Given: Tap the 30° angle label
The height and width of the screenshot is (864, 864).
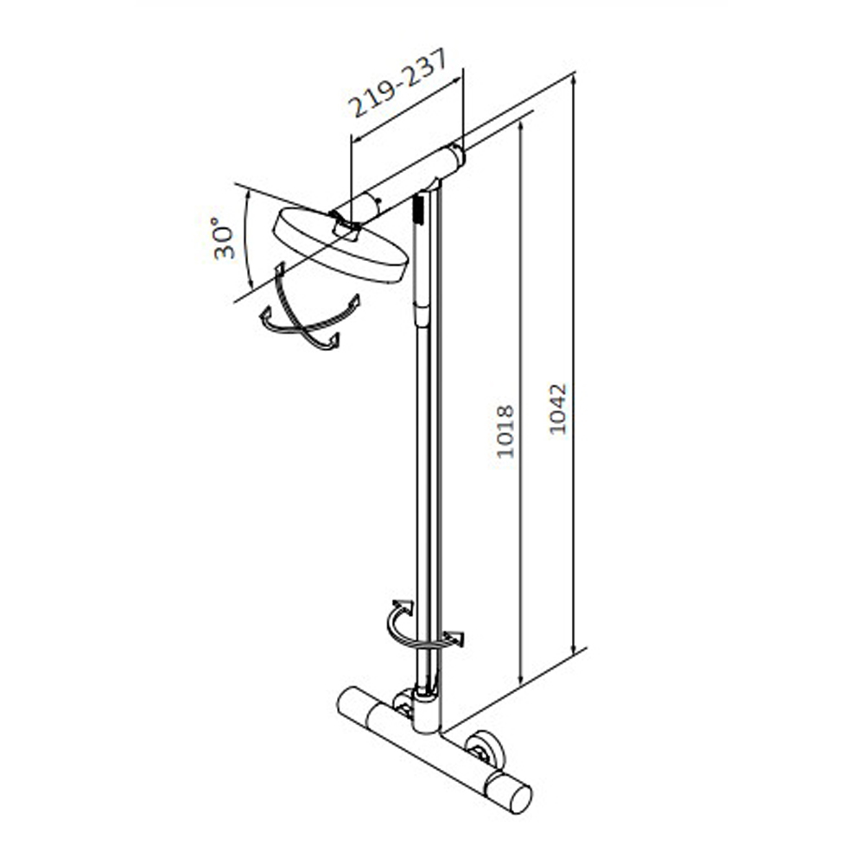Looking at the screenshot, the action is [224, 238].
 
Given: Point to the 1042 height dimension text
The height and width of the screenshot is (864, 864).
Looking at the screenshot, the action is [558, 409].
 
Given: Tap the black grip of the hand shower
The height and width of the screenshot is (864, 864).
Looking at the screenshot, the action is [417, 209].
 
